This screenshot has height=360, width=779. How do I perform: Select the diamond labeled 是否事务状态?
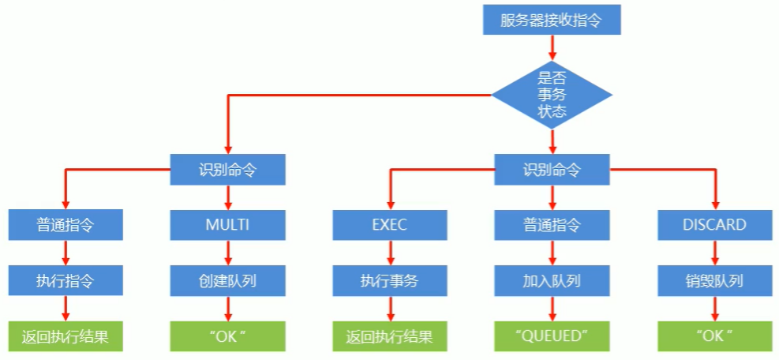pos(552,95)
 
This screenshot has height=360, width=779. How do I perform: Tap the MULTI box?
pos(227,224)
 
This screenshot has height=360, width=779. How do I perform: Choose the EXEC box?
pos(389,224)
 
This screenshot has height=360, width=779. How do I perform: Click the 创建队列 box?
pos(227,279)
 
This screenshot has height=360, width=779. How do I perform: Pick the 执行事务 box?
pos(389,279)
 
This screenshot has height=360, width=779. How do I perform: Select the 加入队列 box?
pos(552,279)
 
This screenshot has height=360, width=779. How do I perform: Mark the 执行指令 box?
pos(66,279)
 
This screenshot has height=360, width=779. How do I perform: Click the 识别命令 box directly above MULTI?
pos(227,169)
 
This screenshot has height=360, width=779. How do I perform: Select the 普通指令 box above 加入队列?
pos(552,224)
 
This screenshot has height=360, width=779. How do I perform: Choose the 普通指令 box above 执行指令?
pos(66,224)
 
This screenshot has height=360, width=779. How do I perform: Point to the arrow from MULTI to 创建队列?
pos(227,252)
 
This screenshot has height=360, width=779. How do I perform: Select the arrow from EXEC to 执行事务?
pos(389,252)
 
